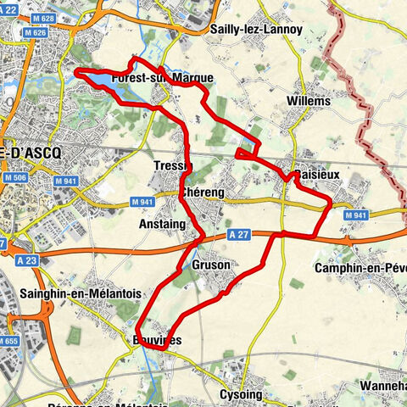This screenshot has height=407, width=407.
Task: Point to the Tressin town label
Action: point(174,165)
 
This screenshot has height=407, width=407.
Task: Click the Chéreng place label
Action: point(202,193)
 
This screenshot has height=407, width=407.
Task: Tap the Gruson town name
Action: point(211,265)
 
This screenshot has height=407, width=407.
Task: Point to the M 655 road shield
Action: point(8,341)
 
